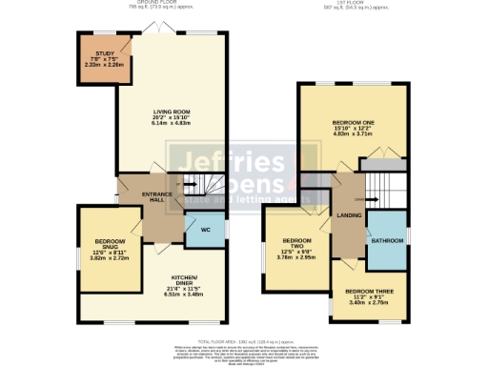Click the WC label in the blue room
point(205,229)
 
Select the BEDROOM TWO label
point(297,244)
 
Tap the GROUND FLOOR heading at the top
point(158,4)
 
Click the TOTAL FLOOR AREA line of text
point(247,341)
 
